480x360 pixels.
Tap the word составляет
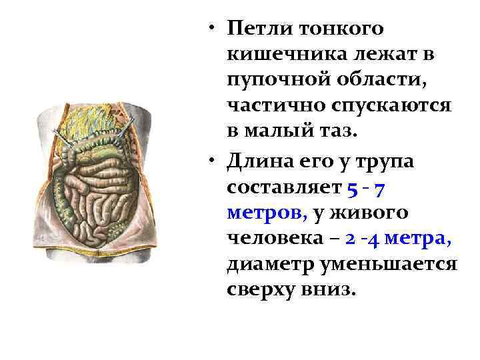pos(284,189)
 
